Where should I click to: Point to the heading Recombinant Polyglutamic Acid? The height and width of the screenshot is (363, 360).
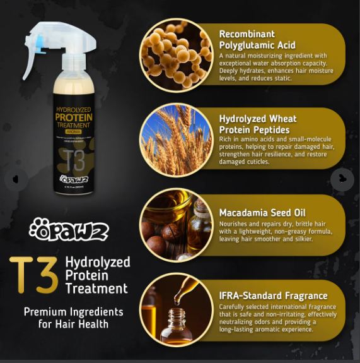coord(257,39)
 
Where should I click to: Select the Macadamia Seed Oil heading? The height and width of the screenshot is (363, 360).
coord(262,213)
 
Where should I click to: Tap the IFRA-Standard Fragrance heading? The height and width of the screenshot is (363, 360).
coord(273,295)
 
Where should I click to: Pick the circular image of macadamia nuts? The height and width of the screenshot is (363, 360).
coord(175,224)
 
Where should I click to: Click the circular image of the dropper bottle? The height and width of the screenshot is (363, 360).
coord(175,309)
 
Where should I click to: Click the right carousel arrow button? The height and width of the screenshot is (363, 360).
coord(342,179)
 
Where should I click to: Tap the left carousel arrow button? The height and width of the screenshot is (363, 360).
coord(16,179)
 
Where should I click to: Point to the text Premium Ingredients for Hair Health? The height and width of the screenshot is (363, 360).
coord(74,318)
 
